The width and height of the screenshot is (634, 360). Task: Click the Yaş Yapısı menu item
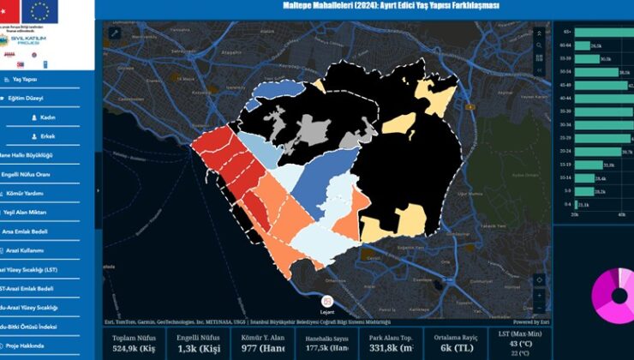pos(24,79)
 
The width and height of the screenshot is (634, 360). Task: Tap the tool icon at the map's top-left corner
pos(114,33)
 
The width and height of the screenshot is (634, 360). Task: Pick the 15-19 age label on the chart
pos(565,165)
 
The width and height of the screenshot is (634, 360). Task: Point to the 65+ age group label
pos(566,32)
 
